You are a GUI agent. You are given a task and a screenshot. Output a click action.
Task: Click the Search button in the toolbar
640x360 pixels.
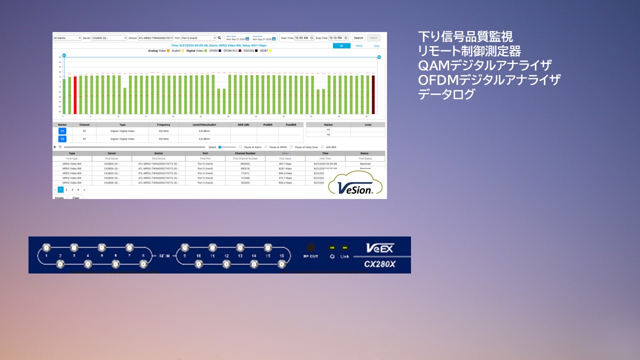pos(358,38)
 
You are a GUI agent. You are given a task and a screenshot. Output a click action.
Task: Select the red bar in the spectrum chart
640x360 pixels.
pos(75,95)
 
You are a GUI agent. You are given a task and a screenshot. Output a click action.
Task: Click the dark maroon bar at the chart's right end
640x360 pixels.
pos(373,94)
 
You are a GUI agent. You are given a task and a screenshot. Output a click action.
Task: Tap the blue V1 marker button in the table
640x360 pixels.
pos(62,131)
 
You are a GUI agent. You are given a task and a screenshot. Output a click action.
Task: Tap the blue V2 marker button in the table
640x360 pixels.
pos(62,139)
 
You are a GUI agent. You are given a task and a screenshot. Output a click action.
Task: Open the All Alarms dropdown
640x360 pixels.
pos(67,38)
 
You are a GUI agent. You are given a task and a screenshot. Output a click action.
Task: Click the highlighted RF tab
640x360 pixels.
pos(341,45)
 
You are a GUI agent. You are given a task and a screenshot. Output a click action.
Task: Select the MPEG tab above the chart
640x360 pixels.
pos(359,45)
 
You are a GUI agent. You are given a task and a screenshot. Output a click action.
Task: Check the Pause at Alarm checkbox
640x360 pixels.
pos(240,147)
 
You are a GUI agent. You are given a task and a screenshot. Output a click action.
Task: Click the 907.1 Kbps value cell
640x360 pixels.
pos(285,163)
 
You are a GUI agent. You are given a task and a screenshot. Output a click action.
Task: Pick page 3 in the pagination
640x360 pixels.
pos(72,190)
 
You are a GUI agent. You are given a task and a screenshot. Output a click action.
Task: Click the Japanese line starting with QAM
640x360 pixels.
pos(485,65)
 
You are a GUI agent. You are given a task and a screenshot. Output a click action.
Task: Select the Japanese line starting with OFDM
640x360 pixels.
pos(489,79)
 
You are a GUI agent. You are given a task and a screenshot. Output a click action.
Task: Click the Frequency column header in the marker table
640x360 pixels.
pos(163,124)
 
